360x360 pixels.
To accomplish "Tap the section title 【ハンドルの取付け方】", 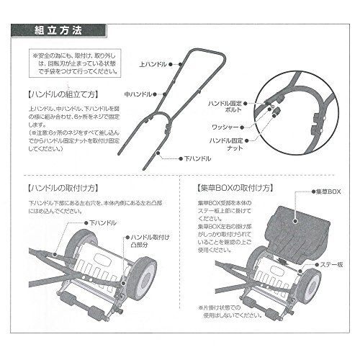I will pos(63,188).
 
